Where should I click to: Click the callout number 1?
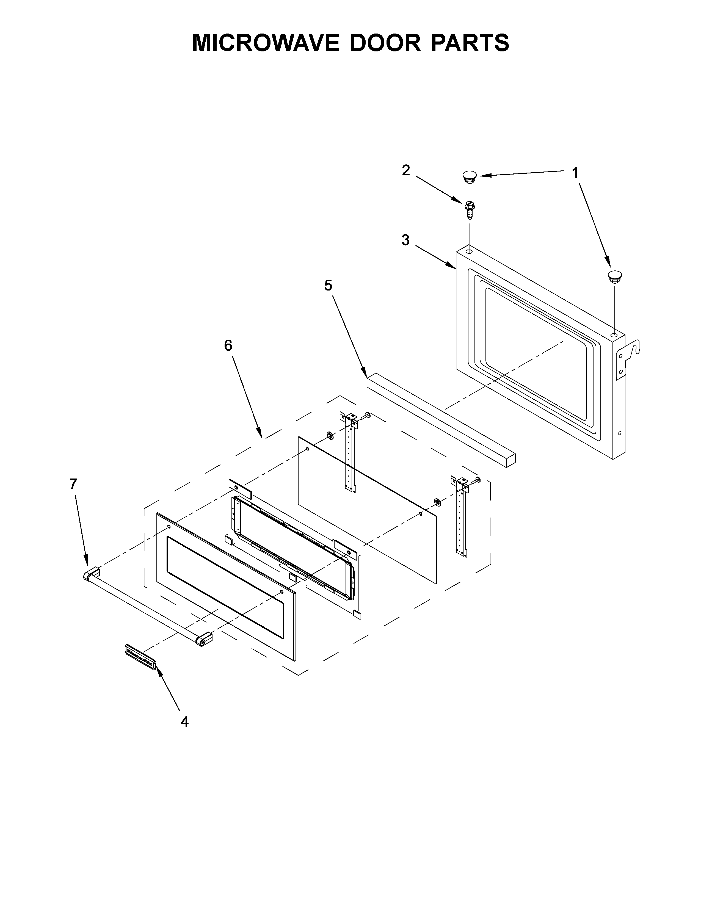pos(575,172)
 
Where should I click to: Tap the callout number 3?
pos(406,240)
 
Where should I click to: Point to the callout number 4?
pos(185,722)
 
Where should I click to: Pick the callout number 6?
pos(228,345)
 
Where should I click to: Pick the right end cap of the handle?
pos(204,640)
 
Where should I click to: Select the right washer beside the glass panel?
pos(437,502)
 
